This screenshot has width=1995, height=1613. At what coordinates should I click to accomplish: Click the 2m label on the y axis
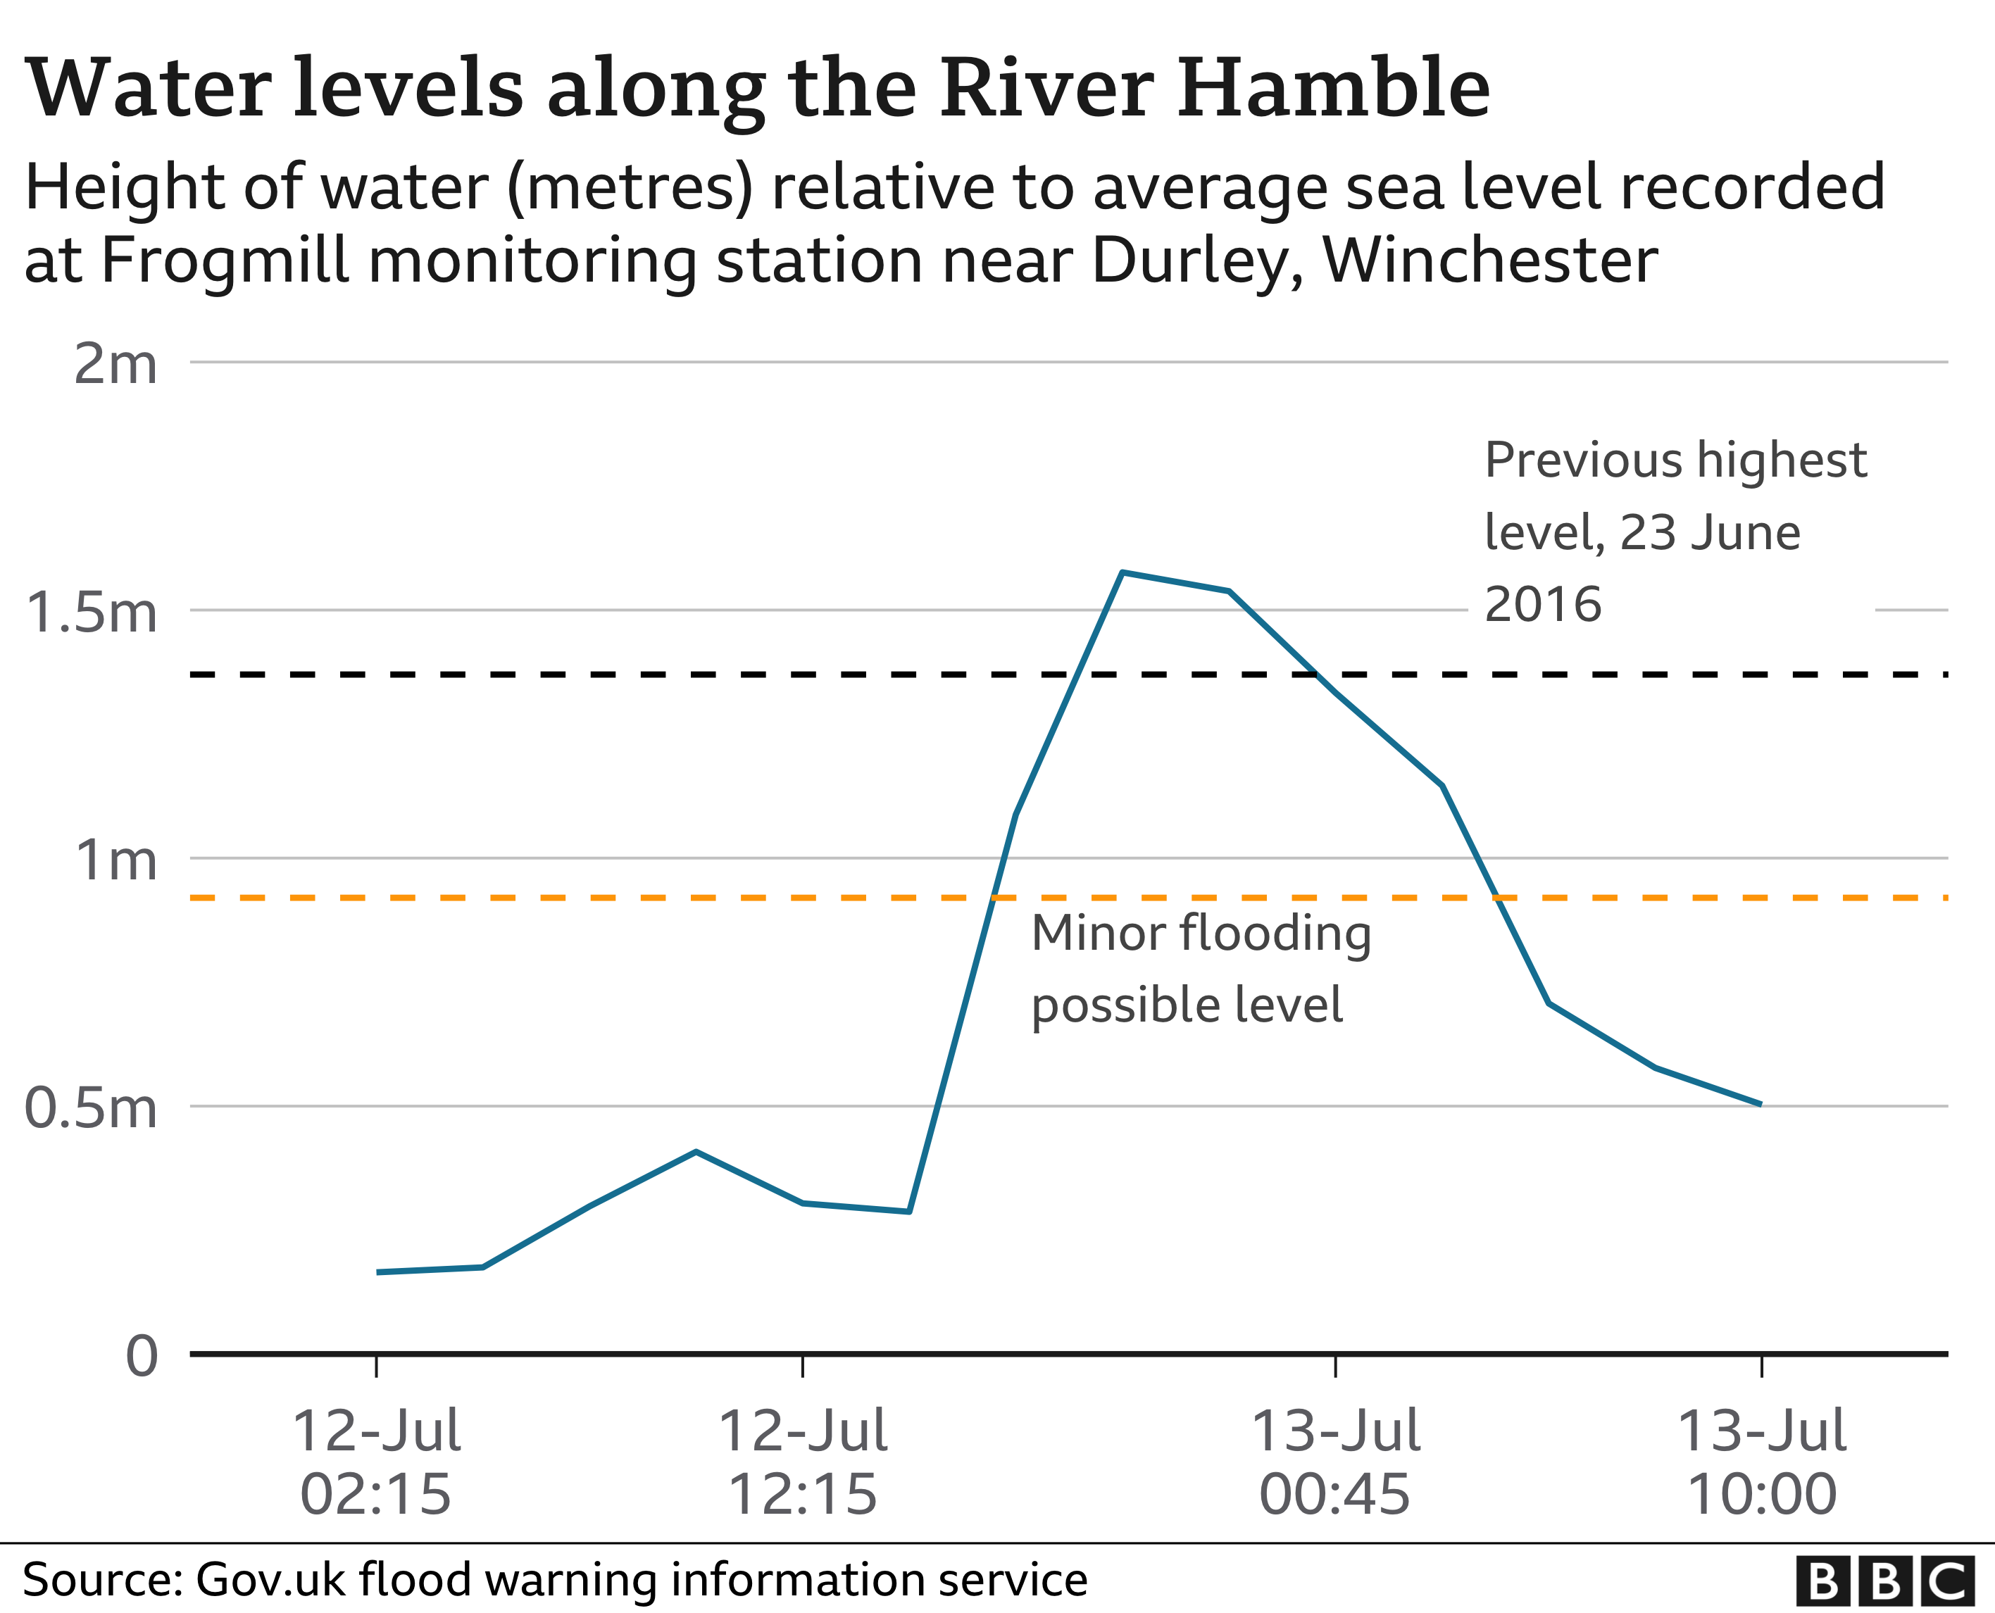coord(115,364)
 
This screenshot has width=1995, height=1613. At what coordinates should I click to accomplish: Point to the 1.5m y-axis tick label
coord(91,613)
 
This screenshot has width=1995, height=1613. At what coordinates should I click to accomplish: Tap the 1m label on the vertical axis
coord(115,860)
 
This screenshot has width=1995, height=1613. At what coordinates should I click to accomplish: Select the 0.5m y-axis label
coord(91,1107)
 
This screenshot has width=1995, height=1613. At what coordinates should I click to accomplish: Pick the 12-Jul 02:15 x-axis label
coord(375,1462)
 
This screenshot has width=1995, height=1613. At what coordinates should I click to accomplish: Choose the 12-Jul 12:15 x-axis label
coord(802,1462)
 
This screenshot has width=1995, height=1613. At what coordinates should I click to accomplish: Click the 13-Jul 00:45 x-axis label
coord(1335,1462)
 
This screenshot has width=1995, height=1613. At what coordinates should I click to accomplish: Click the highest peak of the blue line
coord(1122,572)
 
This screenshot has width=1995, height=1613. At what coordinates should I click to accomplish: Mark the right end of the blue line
coord(1761,1105)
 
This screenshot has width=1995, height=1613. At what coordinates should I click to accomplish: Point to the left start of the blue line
coord(377,1272)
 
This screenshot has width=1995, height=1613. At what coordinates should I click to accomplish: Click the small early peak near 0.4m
coord(696,1152)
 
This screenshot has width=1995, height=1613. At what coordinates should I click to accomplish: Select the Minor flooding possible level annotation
coord(1201,969)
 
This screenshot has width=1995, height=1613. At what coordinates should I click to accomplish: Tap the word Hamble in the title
coord(1334,88)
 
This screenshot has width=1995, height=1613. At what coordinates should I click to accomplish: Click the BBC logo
coord(1884,1581)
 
